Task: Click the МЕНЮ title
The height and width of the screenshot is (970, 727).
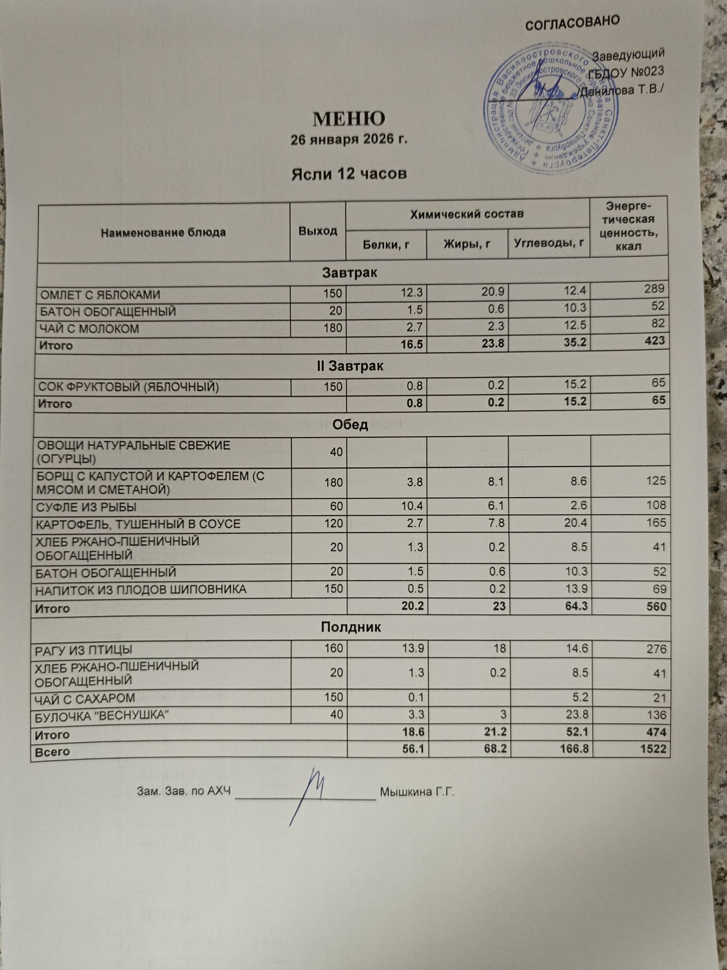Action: pos(349,119)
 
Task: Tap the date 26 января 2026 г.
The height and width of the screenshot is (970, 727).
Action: pos(349,140)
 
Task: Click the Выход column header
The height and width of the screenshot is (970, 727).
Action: pos(317,231)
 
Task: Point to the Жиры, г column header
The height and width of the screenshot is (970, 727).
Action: pos(467,243)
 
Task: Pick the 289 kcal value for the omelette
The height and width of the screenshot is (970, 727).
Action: pos(654,289)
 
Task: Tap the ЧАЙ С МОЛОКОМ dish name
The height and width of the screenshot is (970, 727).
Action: pos(90,329)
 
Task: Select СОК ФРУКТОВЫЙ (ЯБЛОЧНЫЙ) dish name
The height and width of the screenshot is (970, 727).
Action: pos(128,387)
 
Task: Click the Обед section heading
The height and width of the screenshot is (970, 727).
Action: pos(350,425)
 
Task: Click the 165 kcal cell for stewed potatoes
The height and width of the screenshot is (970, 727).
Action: pos(656,523)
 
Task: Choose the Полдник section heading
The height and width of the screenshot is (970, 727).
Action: pos(351,628)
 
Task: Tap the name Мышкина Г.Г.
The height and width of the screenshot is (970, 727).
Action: pos(417,792)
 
